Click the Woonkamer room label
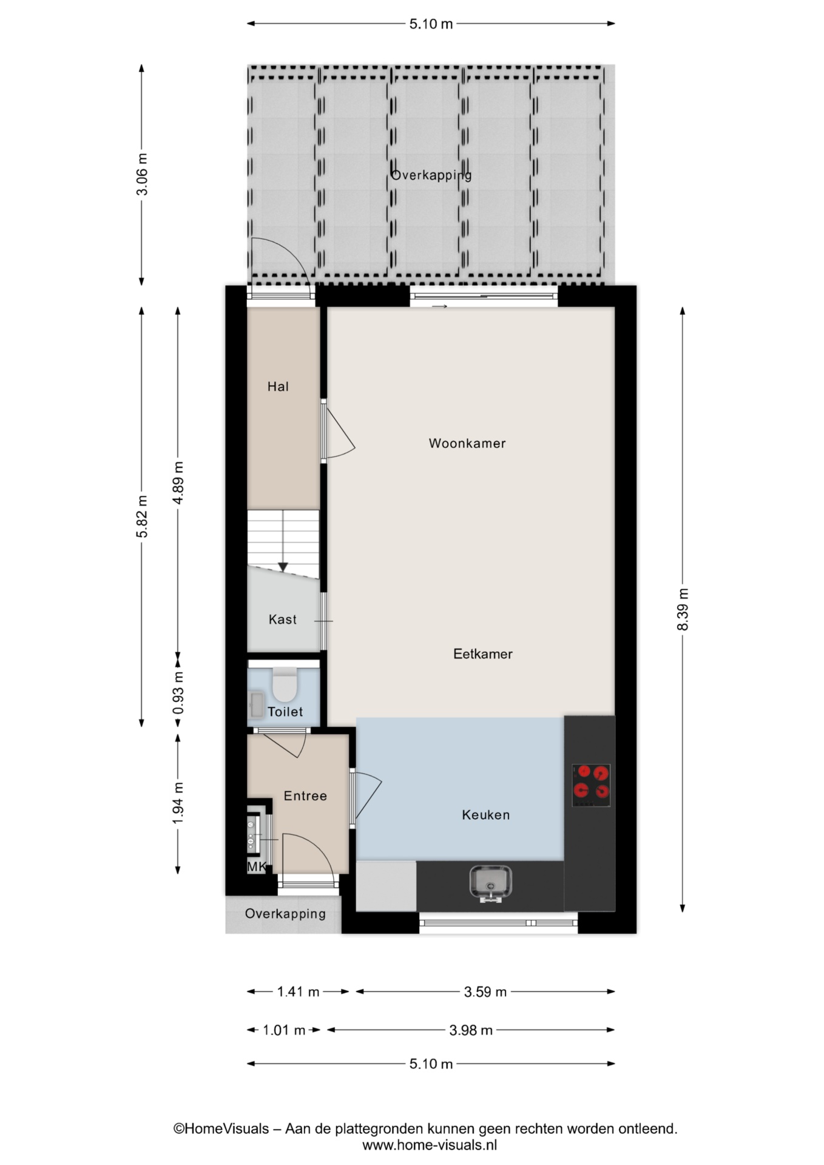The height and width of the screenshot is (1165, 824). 467,444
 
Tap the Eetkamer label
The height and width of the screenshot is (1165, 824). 483,654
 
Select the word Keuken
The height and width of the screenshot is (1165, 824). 486,815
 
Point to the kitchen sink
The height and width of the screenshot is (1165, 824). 491,883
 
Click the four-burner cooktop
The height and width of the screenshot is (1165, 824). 591,785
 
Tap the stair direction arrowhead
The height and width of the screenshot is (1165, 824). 283,567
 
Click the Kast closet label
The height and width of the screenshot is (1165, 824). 283,620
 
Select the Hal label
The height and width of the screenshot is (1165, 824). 278,387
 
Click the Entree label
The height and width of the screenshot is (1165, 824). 305,796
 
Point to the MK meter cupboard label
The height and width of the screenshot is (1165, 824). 257,867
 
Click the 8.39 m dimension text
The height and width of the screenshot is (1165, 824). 683,609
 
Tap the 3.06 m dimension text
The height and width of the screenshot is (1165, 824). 142,174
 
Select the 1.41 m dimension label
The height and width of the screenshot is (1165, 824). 298,992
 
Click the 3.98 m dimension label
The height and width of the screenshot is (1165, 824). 471,1030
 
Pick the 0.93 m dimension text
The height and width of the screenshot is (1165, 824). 178,694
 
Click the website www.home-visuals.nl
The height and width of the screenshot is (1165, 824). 430,1145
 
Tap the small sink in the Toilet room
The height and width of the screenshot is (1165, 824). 256,706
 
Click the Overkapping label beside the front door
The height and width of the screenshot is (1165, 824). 285,914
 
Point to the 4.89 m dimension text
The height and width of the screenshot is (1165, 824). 178,482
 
